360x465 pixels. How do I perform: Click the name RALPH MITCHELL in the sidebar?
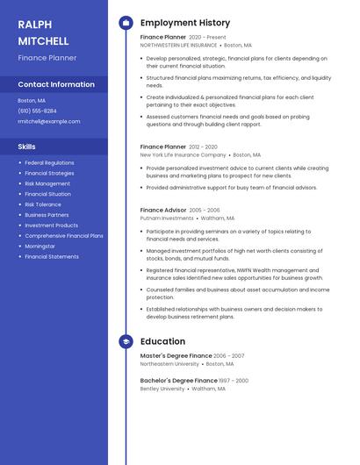[x=43, y=32]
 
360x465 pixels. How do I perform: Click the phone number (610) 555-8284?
[x=37, y=111]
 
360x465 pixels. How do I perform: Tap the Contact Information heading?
[x=56, y=84]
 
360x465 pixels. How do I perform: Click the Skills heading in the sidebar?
[x=26, y=147]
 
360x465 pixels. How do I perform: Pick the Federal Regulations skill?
[x=49, y=162]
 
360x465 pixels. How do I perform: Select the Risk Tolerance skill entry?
[x=43, y=204]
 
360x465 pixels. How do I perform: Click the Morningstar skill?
[x=40, y=247]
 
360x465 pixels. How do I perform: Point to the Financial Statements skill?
[x=52, y=257]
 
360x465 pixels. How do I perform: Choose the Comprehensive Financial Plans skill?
[x=64, y=236]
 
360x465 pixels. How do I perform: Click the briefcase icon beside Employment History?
[x=126, y=23]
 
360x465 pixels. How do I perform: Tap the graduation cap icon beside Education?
[x=126, y=341]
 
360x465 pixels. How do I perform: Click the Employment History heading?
[x=185, y=23]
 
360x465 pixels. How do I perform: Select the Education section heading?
[x=162, y=341]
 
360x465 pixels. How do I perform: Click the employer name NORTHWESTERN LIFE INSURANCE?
[x=178, y=45]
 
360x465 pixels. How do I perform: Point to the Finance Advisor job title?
[x=163, y=211]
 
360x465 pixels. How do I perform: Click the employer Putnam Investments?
[x=167, y=218]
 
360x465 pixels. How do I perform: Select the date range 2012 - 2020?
[x=203, y=147]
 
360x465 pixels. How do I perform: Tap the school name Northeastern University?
[x=169, y=363]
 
